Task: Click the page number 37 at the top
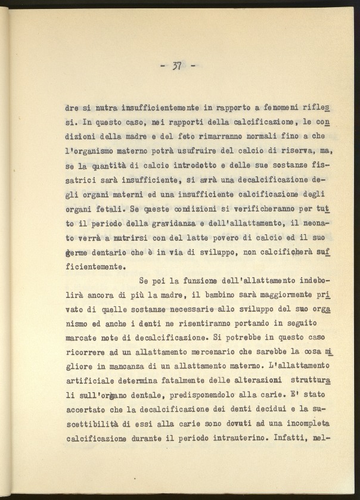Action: tap(177, 66)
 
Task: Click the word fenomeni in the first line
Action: tap(281, 109)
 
